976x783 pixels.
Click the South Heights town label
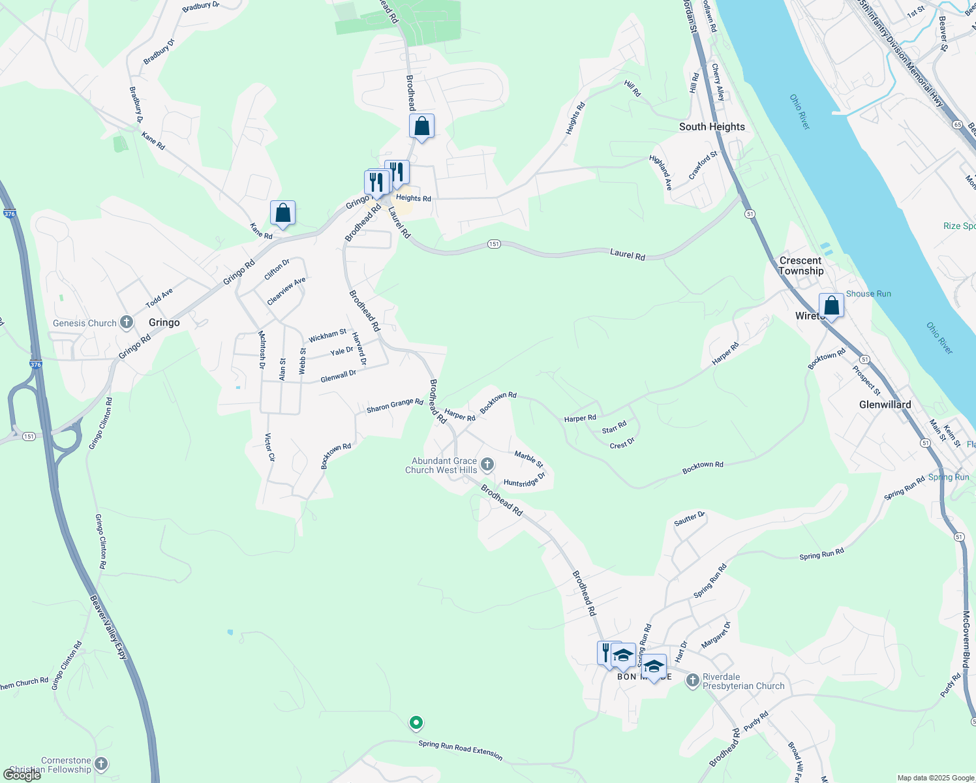pyautogui.click(x=712, y=127)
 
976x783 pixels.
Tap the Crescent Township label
pyautogui.click(x=801, y=266)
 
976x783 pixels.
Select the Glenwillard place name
pyautogui.click(x=885, y=405)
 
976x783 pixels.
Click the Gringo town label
pyautogui.click(x=164, y=322)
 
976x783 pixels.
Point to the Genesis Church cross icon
pyautogui.click(x=127, y=322)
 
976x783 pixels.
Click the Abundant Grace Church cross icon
pyautogui.click(x=487, y=465)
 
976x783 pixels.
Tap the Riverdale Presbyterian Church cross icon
pyautogui.click(x=692, y=681)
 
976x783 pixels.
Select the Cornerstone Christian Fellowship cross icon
pyautogui.click(x=100, y=764)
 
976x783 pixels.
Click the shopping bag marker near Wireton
pyautogui.click(x=831, y=305)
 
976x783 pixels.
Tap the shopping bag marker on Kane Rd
pyautogui.click(x=282, y=213)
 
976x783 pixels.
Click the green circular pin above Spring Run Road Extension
pyautogui.click(x=416, y=722)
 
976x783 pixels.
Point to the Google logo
pyautogui.click(x=22, y=775)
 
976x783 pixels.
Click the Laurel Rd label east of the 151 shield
pyautogui.click(x=628, y=254)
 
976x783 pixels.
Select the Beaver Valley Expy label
pyautogui.click(x=108, y=627)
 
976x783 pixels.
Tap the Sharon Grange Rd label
pyautogui.click(x=395, y=406)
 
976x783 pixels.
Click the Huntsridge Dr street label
pyautogui.click(x=525, y=482)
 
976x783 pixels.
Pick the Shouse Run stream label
pyautogui.click(x=868, y=294)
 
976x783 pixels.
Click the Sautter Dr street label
pyautogui.click(x=690, y=519)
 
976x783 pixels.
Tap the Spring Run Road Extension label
pyautogui.click(x=461, y=750)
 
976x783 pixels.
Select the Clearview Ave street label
pyautogui.click(x=286, y=291)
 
